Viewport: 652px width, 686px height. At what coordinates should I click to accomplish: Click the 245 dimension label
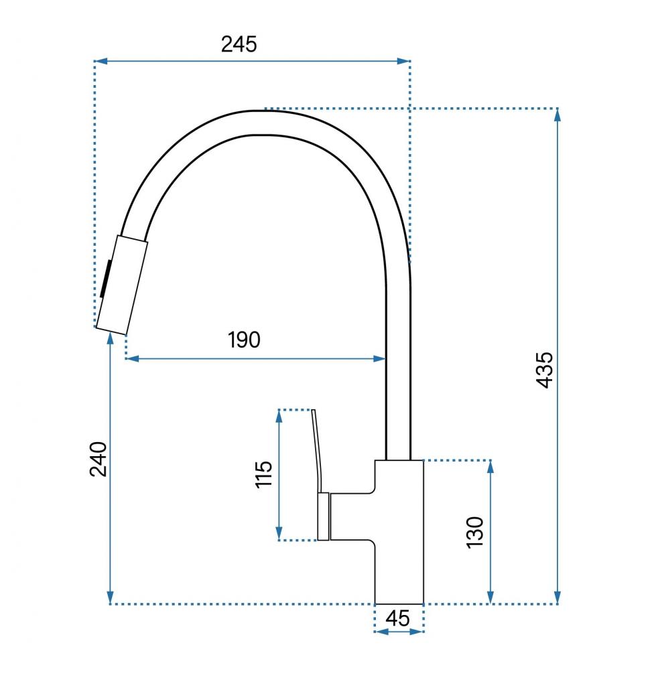pos(239,44)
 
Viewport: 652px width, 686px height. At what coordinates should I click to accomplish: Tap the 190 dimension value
pos(244,340)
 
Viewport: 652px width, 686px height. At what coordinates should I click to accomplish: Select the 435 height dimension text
pos(545,370)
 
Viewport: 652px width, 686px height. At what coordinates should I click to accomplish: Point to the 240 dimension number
pos(98,459)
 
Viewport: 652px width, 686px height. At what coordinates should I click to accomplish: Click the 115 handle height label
pos(263,474)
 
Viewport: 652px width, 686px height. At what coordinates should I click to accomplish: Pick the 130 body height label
pos(475,532)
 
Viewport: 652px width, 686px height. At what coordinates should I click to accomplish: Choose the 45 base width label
pos(398,618)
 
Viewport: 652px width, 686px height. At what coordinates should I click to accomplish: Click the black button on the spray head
pos(105,279)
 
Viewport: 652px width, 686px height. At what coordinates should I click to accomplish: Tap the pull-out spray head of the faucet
pos(122,285)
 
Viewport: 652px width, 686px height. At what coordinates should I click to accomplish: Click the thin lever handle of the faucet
pos(318,451)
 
